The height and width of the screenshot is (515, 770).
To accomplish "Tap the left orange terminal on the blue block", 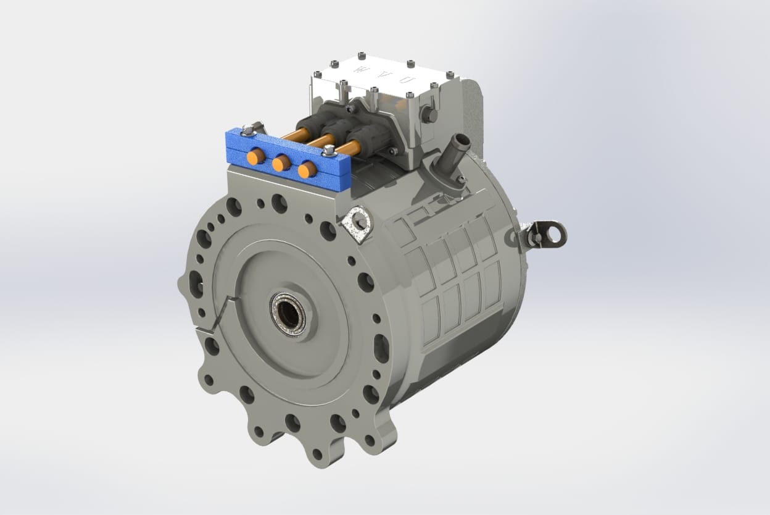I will (x=255, y=157).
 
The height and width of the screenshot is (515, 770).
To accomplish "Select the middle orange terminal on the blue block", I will (x=281, y=163).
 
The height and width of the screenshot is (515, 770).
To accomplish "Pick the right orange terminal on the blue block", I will (x=306, y=169).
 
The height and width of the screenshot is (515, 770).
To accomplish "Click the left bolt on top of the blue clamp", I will (x=248, y=129).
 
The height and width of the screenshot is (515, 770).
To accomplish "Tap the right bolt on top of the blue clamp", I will (x=329, y=149).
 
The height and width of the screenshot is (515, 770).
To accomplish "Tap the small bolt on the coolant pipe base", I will (x=460, y=179).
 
